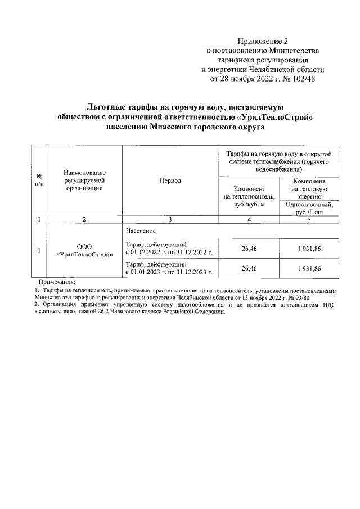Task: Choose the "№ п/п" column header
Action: (x=39, y=181)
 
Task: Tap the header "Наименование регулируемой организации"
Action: (x=84, y=181)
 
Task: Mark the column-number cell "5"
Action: (x=309, y=219)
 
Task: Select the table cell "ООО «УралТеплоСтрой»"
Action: (x=84, y=250)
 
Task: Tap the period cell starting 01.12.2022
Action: (x=169, y=248)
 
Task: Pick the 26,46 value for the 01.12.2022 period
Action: (x=249, y=248)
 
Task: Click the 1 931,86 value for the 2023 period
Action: (x=309, y=269)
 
